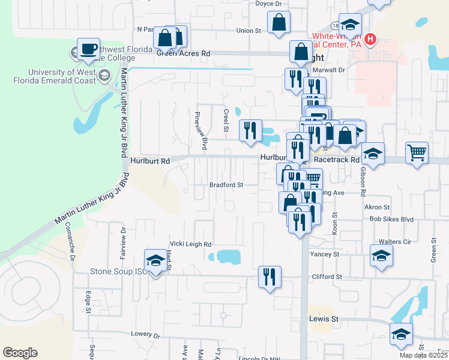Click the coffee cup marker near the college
pos(88,49)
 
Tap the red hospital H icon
pos(370,40)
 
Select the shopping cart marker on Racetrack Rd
pos(417,152)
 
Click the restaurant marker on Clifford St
pos(269,277)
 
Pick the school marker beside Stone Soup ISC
pos(155,261)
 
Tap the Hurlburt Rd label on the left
pos(150,161)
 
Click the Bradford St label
pos(226,185)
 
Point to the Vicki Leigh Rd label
pos(191,244)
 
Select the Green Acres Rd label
pos(183,53)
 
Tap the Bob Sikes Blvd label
pos(392,220)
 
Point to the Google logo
pos(20,352)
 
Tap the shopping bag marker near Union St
pos(279,23)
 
